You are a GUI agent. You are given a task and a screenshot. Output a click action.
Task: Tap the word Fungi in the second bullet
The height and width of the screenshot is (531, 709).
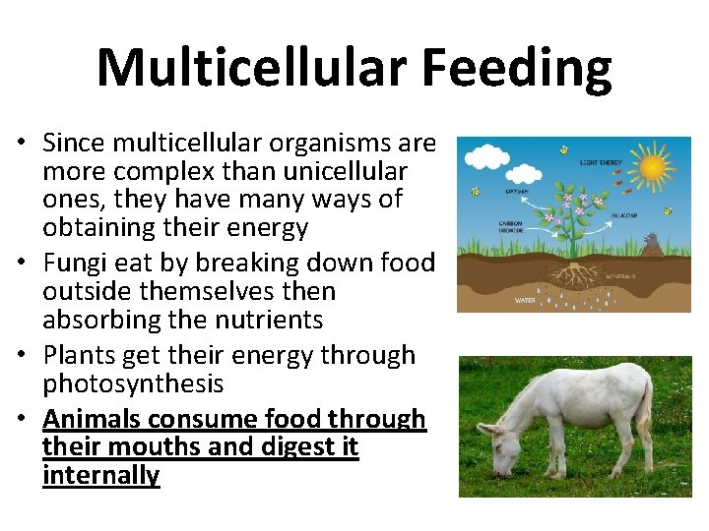coord(73,264)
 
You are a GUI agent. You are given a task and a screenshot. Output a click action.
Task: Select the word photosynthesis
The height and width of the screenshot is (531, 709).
coord(133,383)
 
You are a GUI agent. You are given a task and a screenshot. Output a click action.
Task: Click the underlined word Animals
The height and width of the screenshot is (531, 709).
coord(92,419)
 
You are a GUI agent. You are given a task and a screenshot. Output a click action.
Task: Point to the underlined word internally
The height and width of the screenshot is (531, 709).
coord(100,476)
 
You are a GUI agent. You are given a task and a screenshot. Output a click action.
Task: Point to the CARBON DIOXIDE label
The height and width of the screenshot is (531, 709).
coord(511,226)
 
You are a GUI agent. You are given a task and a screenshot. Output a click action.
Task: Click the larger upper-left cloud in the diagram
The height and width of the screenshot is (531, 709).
coord(485,156)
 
